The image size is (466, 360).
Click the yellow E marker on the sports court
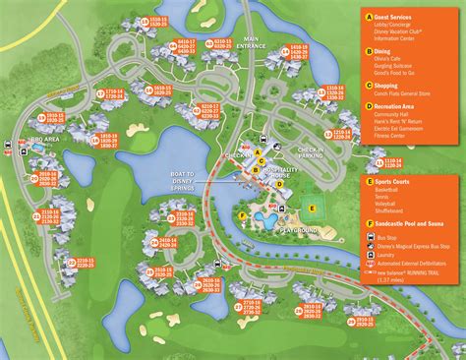[x=313, y=208]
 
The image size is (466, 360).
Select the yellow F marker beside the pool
[x=243, y=214]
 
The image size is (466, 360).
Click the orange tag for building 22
[x=70, y=260]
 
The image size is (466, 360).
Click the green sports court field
[x=313, y=208]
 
